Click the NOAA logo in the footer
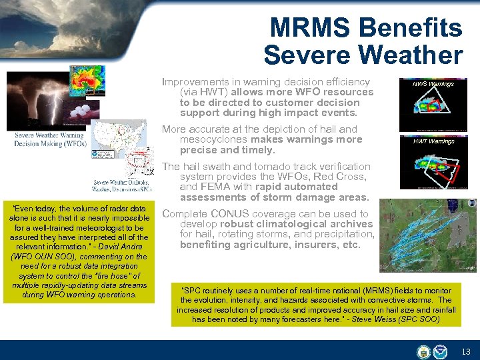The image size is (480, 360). click(441, 351)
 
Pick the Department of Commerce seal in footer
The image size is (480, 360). click(423, 351)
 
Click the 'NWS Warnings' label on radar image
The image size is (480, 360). click(433, 84)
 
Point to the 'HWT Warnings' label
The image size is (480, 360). click(433, 141)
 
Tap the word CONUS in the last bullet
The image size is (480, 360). click(229, 214)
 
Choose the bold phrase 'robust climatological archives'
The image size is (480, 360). click(297, 224)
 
